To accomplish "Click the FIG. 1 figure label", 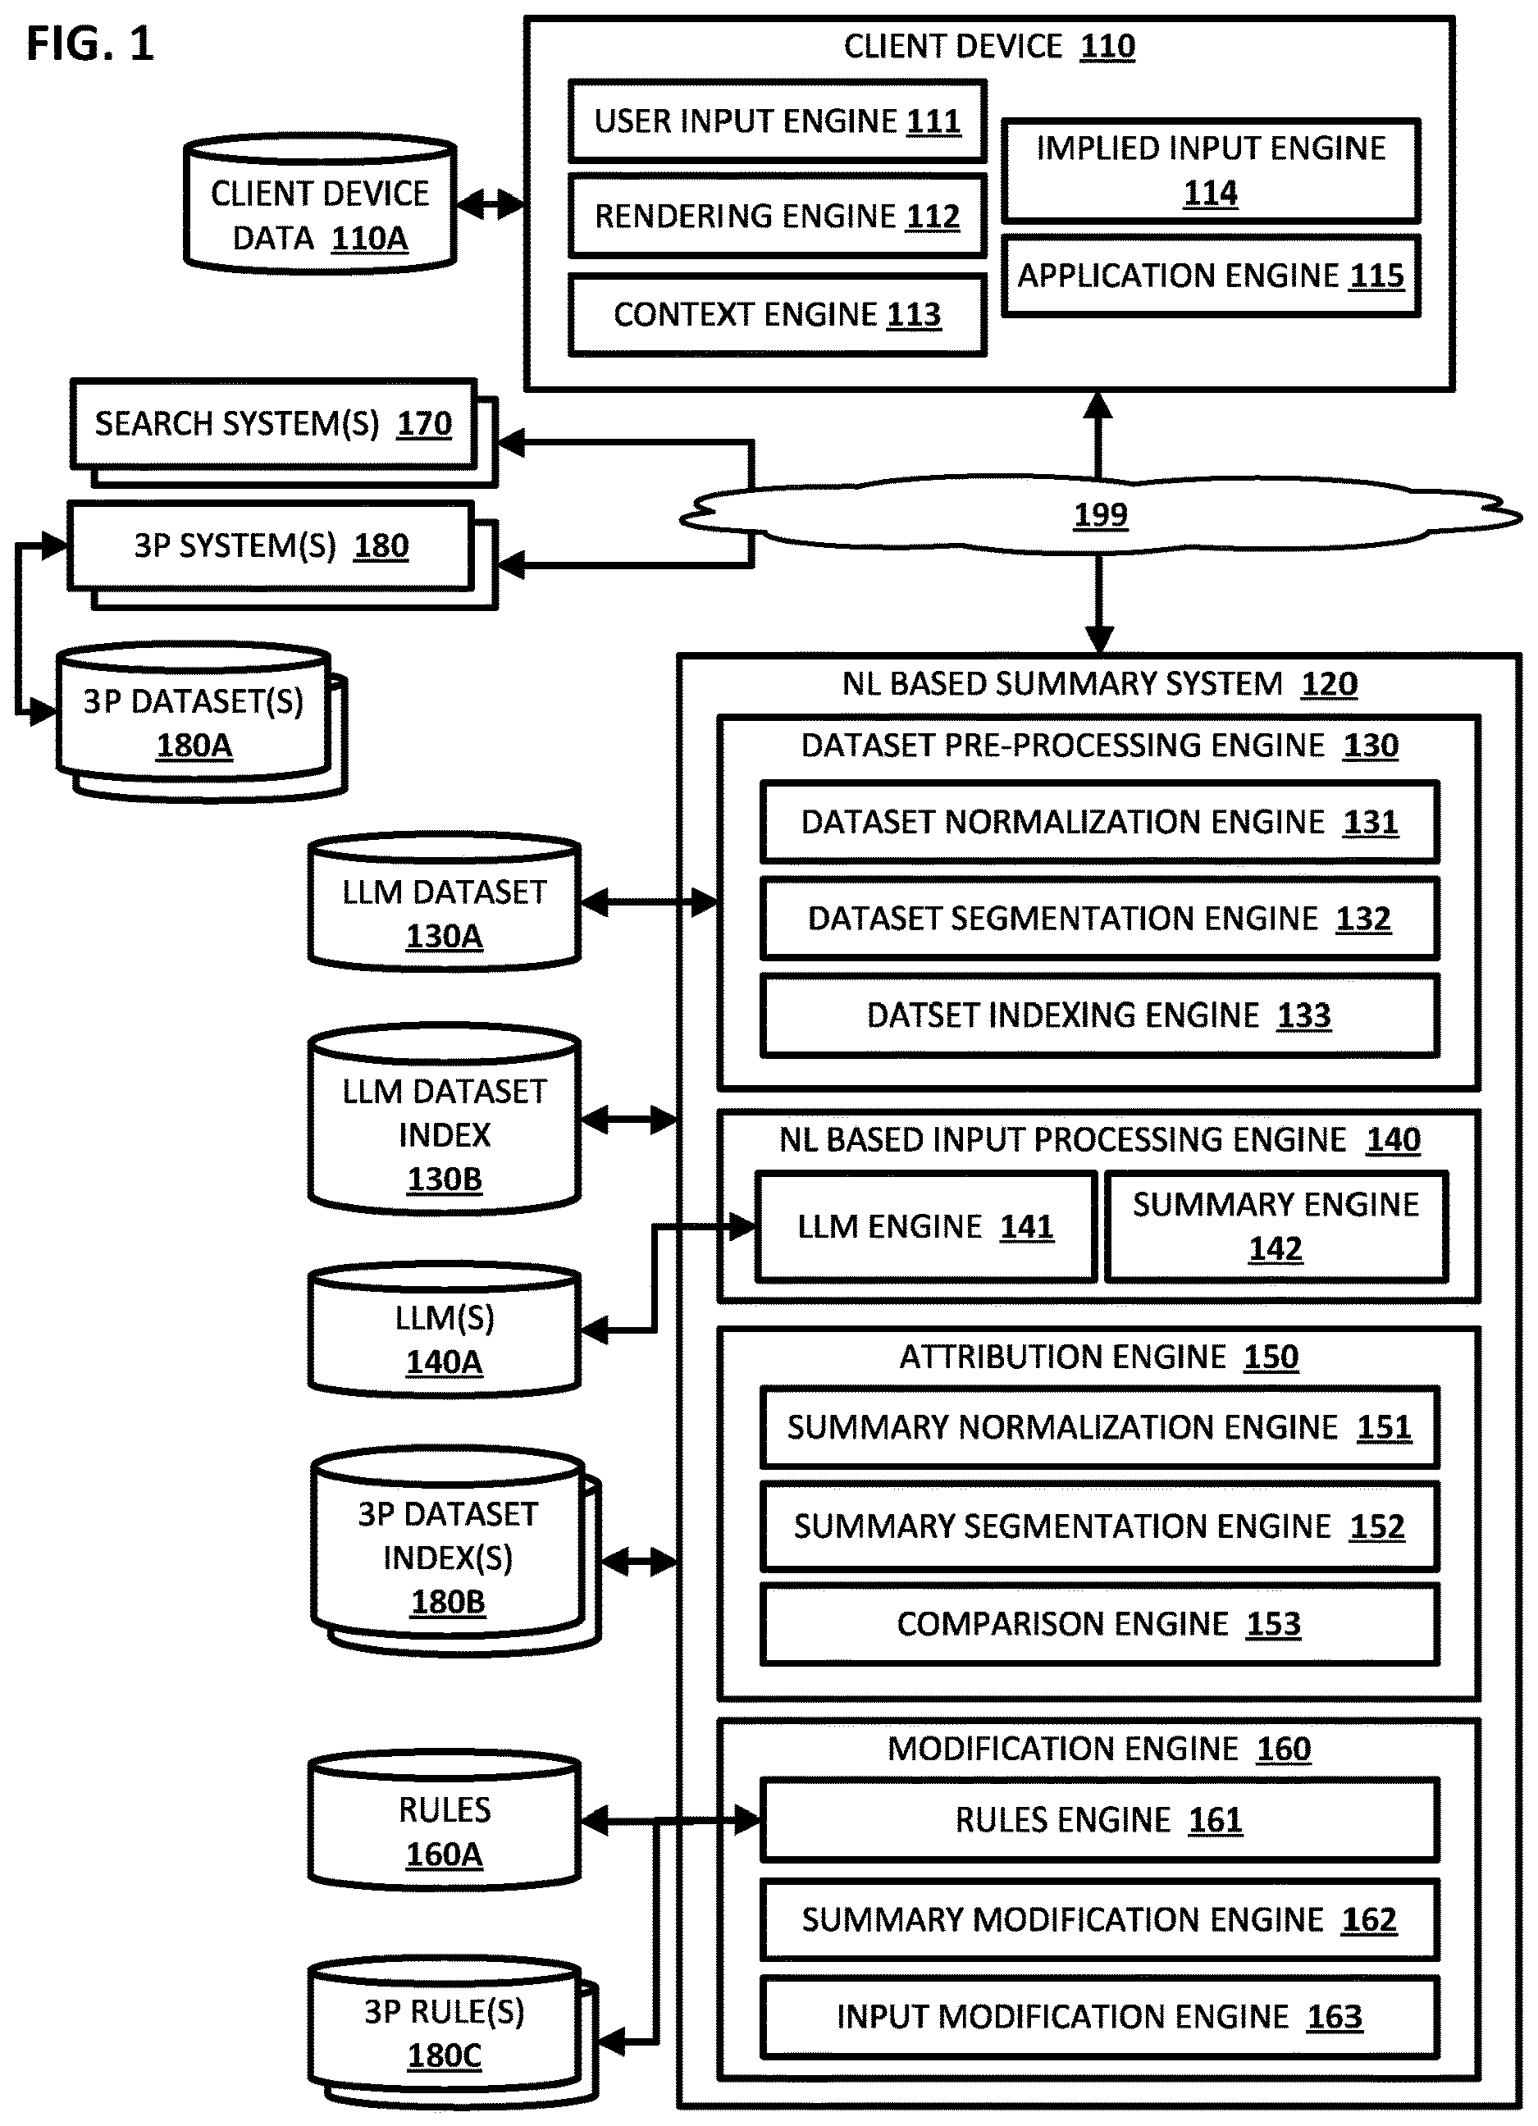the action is tap(90, 44).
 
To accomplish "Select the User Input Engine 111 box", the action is tap(777, 121).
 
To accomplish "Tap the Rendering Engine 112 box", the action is tap(777, 216).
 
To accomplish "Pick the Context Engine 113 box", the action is tap(777, 315).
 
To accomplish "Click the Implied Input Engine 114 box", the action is tap(1211, 171).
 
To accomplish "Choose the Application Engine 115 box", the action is tap(1211, 276).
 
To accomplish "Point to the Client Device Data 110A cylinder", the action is tap(320, 204).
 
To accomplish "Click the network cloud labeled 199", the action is tap(1100, 514).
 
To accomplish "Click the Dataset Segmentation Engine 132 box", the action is tap(1099, 919).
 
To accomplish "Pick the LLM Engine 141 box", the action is tap(925, 1226).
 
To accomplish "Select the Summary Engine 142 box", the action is tap(1276, 1226).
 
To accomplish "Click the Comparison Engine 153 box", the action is tap(1099, 1623).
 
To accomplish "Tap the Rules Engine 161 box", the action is tap(1099, 1819).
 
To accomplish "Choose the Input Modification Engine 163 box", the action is tap(1099, 2016).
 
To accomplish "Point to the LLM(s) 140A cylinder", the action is tap(445, 1330).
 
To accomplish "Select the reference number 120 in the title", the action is tap(1329, 684).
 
